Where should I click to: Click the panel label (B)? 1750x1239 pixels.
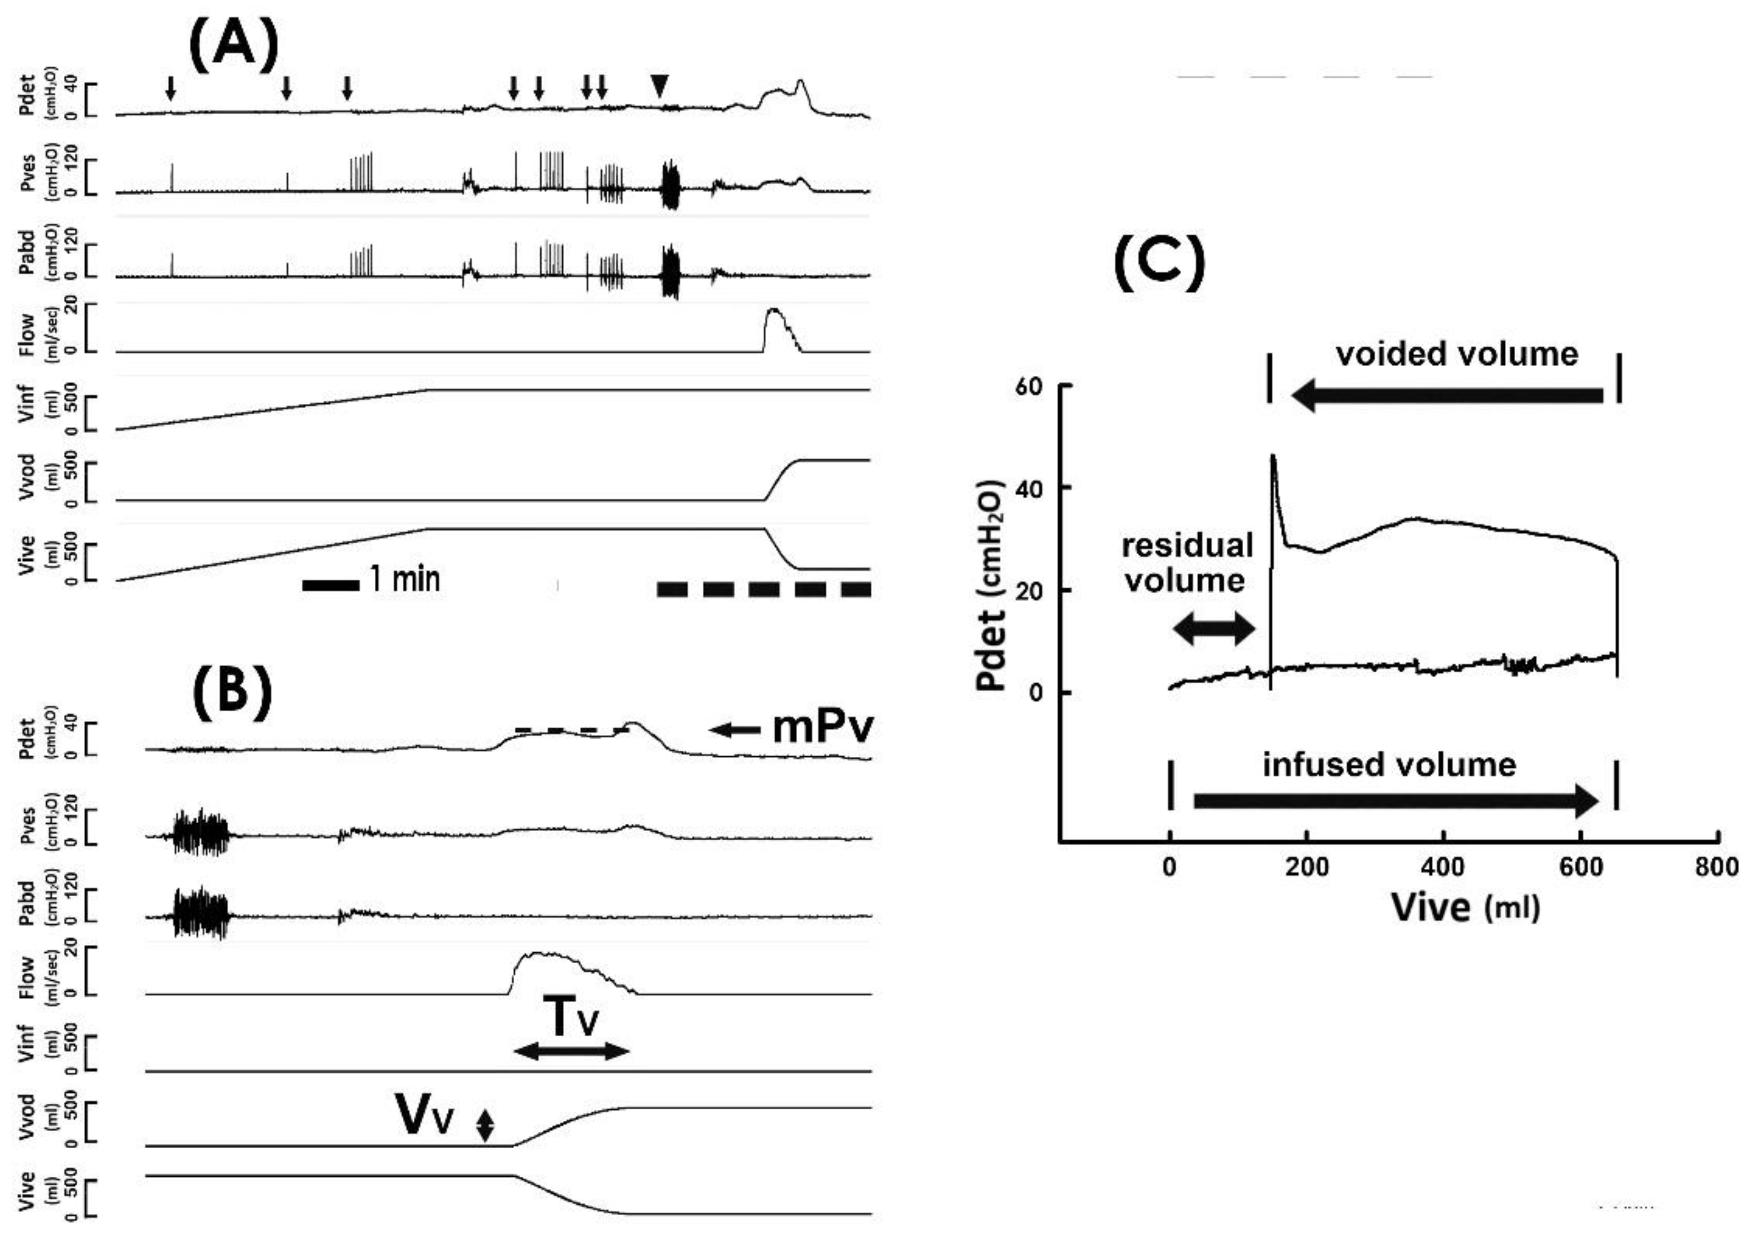point(231,691)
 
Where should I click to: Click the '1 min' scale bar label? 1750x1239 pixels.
point(405,580)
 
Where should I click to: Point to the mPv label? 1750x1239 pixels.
point(822,728)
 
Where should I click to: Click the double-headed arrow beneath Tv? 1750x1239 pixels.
point(571,1051)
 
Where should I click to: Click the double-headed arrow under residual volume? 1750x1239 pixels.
point(1213,629)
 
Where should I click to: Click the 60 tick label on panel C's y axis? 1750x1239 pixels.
point(1028,386)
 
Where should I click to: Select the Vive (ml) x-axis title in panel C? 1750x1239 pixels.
point(1465,908)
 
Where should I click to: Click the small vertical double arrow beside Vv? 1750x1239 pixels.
point(485,1125)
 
